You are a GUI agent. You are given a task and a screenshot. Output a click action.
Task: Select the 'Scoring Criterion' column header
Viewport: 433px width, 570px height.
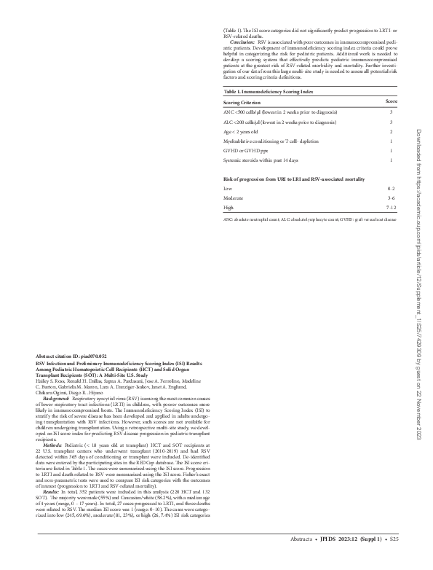point(245,122)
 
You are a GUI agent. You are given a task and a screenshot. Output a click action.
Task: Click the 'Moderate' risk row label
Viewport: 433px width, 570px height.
point(234,198)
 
